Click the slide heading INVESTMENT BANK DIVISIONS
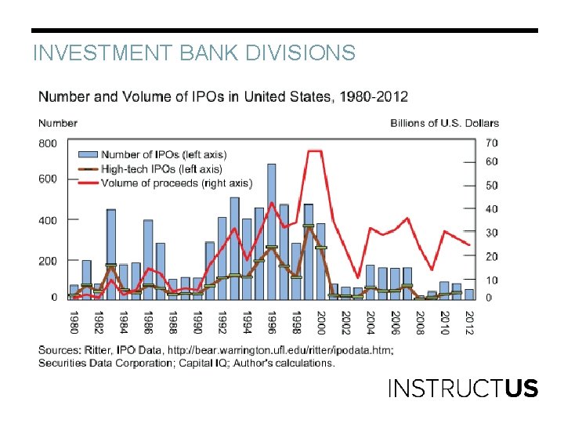[x=193, y=53]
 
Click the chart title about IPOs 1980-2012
[x=223, y=97]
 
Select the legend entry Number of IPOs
[x=164, y=154]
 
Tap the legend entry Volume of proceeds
[x=179, y=183]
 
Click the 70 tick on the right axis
[x=492, y=143]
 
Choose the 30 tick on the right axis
[x=492, y=233]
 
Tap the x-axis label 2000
[x=320, y=324]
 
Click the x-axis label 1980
[x=74, y=324]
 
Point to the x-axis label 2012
[x=468, y=324]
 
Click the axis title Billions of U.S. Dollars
[x=444, y=123]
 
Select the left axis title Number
[x=58, y=123]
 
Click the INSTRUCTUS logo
[x=463, y=389]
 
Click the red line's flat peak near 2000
[x=314, y=151]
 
